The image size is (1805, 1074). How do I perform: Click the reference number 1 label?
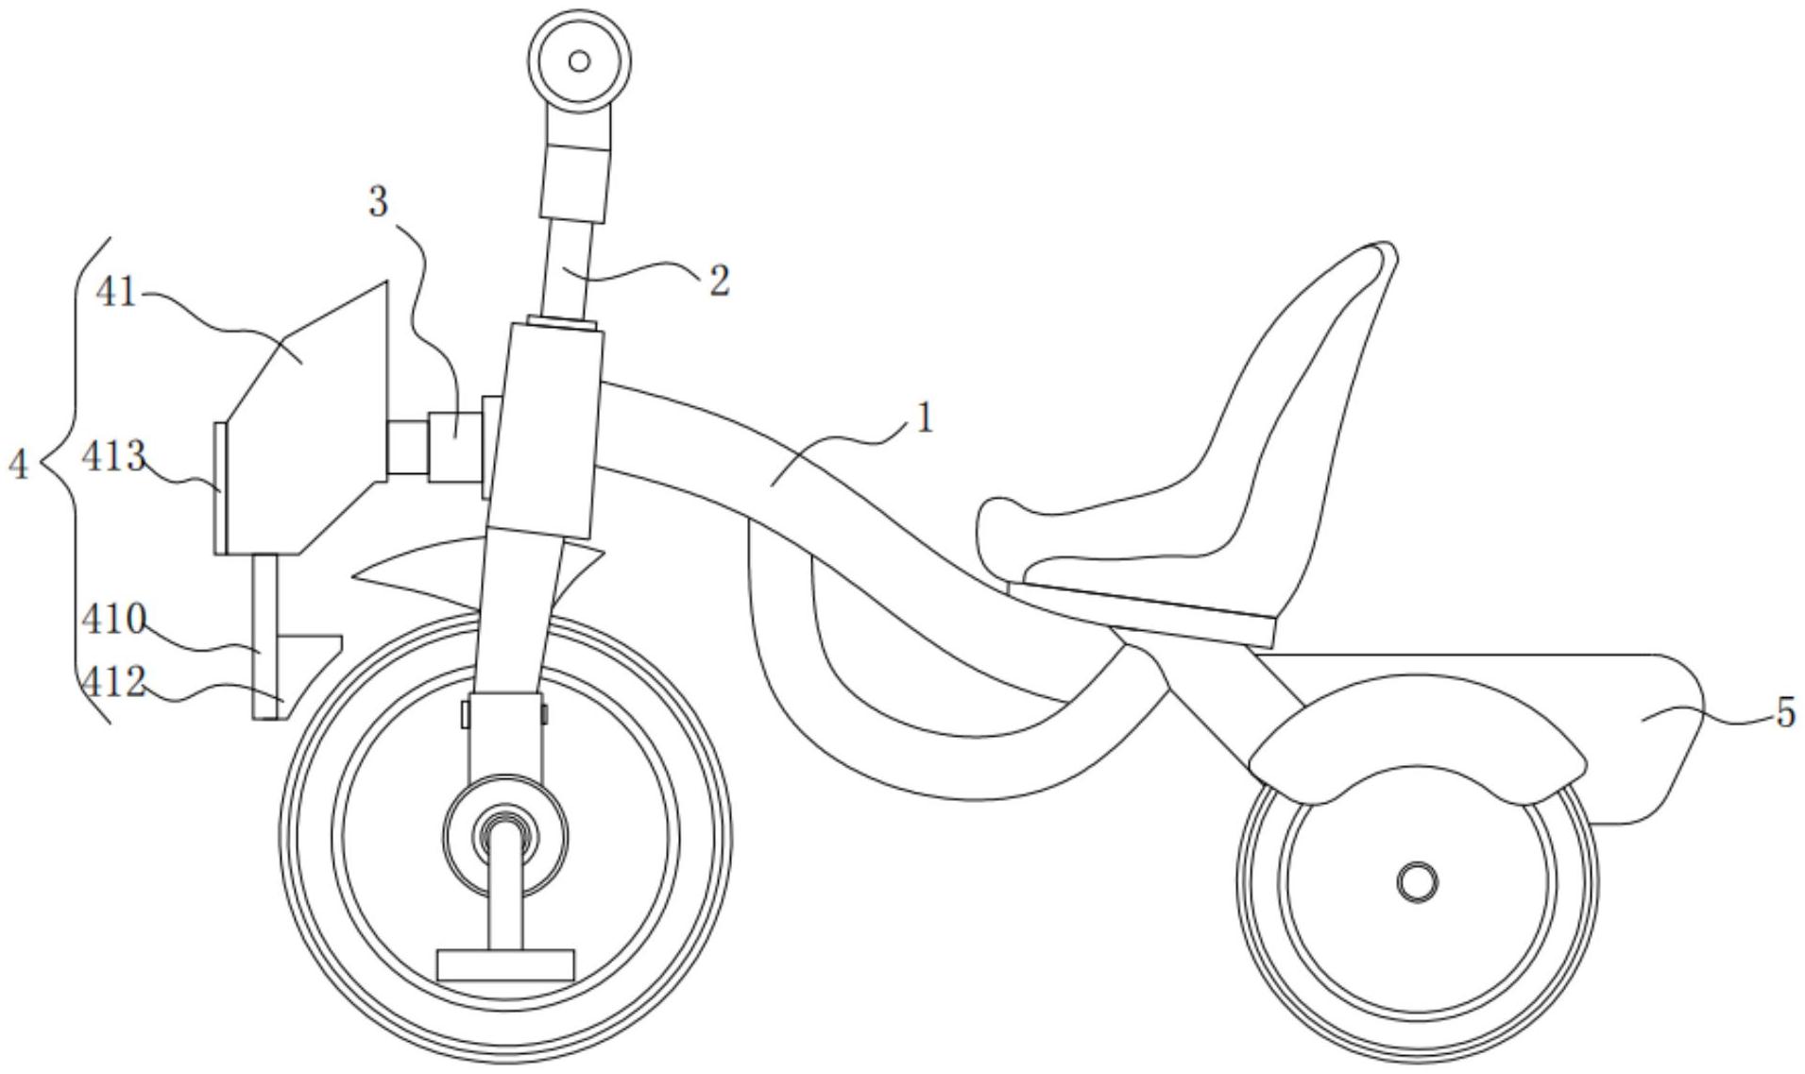[x=924, y=417]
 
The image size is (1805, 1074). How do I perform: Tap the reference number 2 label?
[x=719, y=281]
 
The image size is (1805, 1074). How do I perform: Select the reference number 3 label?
[x=378, y=201]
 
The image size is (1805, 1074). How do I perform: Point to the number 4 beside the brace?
[x=19, y=464]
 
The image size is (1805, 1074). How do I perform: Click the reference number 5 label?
[x=1784, y=713]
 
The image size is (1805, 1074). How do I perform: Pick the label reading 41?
[x=116, y=295]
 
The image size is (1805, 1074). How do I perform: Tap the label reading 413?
[x=113, y=457]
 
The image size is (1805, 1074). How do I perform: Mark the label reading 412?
[x=113, y=682]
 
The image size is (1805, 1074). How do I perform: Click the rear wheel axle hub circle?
[x=1417, y=882]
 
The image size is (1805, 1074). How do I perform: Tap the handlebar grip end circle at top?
[x=579, y=61]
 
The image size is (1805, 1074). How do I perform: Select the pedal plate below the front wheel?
[x=506, y=964]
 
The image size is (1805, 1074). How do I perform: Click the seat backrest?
[x=1303, y=397]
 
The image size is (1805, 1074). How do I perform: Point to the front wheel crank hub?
[x=506, y=836]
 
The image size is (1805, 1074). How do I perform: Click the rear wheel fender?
[x=1417, y=746]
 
